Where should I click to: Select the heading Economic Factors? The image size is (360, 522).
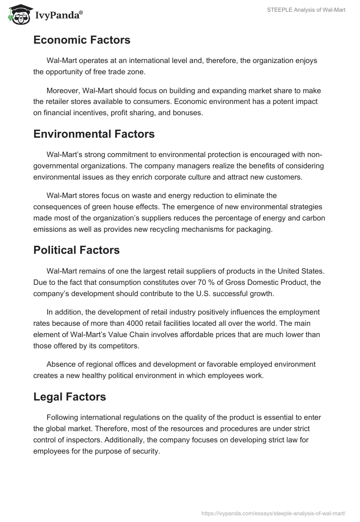[81, 40]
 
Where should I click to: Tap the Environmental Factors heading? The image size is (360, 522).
[94, 134]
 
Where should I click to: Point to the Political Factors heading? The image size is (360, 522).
[76, 250]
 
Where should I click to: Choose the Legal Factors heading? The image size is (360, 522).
[69, 396]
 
